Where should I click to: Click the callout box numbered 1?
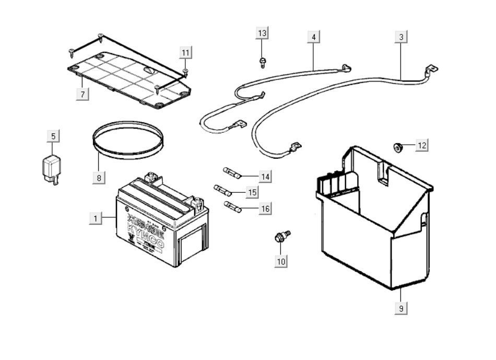click(96, 217)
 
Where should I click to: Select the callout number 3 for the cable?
click(400, 37)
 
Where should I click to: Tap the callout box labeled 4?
click(313, 37)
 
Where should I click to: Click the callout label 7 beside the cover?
click(82, 94)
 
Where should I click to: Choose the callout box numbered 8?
click(98, 177)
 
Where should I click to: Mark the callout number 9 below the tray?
click(400, 308)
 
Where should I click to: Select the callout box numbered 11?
click(186, 52)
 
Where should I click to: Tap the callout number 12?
click(422, 145)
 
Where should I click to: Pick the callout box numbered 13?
click(262, 33)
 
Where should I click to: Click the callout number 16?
click(265, 208)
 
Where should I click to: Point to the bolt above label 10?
click(281, 238)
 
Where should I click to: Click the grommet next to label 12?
click(398, 147)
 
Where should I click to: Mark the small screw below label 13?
click(262, 63)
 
